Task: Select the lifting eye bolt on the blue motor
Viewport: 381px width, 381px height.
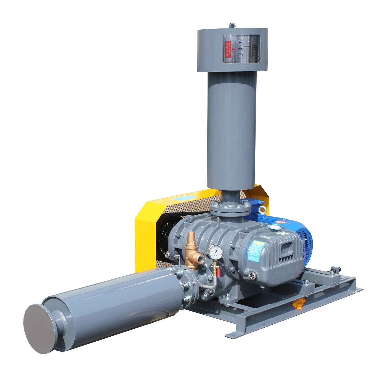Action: [x=261, y=210]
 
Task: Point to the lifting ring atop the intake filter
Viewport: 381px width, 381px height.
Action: [x=232, y=25]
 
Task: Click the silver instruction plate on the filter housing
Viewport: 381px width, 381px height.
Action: [x=242, y=49]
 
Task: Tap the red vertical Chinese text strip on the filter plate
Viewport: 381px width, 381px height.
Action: [x=227, y=49]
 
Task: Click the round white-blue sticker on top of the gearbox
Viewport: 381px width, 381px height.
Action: [x=275, y=227]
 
